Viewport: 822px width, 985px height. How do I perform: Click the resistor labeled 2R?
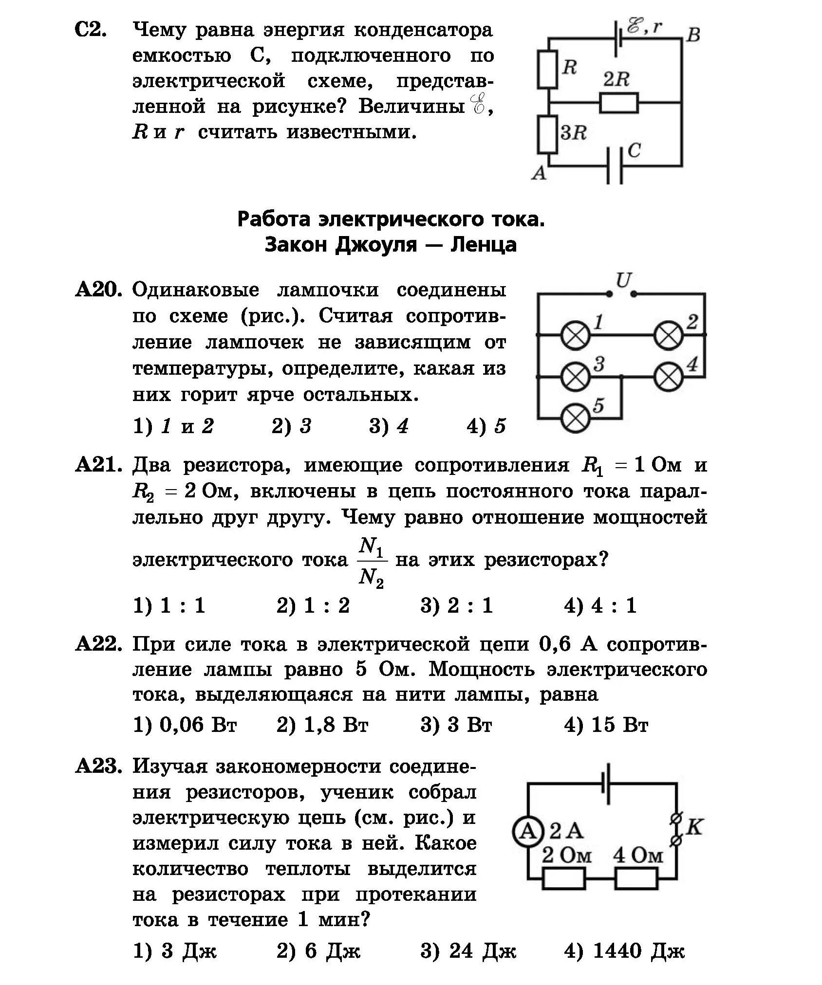coord(618,103)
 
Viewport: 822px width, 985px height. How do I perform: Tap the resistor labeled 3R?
coord(547,134)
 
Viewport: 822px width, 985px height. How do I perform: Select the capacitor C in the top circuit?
coord(615,165)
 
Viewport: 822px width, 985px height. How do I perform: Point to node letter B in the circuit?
coord(693,35)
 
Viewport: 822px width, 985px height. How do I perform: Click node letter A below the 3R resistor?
coord(539,173)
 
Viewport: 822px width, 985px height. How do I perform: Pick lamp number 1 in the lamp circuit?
coord(576,335)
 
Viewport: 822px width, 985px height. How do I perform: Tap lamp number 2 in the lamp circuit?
coord(668,335)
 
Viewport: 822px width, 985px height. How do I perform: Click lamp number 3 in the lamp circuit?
coord(576,376)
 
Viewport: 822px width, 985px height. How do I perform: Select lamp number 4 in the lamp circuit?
coord(668,376)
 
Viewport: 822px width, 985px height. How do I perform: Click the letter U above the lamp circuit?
coord(623,281)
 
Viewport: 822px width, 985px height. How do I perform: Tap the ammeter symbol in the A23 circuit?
coord(527,832)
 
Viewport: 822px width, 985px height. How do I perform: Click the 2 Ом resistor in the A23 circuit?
coord(564,878)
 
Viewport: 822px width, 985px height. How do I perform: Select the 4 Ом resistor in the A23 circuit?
coord(636,878)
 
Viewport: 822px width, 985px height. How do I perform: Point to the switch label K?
coord(695,827)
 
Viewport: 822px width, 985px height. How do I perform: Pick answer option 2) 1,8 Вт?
coord(322,725)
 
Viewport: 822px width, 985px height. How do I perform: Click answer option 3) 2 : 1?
coord(456,605)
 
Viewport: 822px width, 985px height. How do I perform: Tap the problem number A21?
coord(98,465)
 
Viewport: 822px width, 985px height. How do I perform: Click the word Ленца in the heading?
coord(483,244)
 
